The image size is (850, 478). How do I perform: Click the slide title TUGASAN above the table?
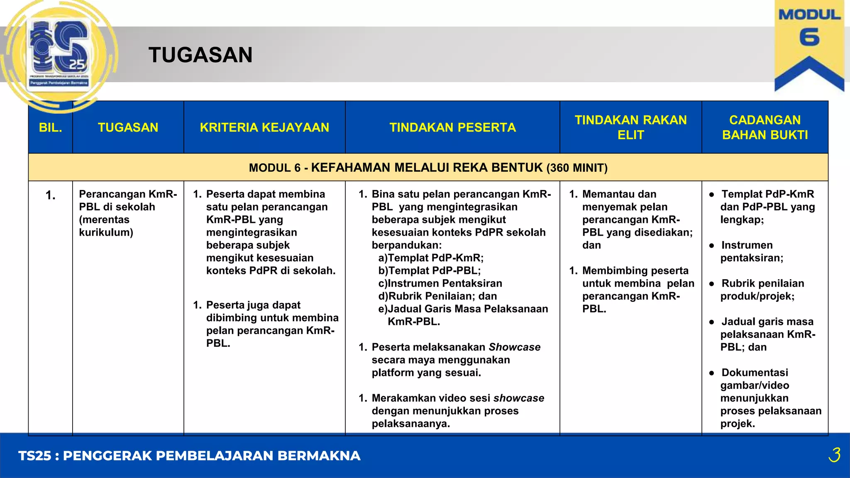[200, 55]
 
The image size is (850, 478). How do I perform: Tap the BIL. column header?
[50, 127]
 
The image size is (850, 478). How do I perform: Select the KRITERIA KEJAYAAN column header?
[264, 127]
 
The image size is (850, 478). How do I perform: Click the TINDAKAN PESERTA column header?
[452, 127]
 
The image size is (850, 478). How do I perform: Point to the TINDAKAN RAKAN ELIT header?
[630, 127]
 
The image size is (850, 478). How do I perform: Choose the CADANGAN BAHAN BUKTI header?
[765, 127]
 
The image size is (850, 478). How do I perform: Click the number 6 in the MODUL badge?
[809, 38]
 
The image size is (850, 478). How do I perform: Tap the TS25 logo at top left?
[59, 54]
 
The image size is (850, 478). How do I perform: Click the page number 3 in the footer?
[834, 455]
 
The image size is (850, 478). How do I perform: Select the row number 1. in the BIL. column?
[50, 195]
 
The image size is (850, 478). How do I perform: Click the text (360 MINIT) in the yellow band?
[577, 168]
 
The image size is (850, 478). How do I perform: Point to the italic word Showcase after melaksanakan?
[515, 347]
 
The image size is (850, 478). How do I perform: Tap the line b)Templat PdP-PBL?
[430, 271]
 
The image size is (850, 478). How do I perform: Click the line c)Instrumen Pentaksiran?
[440, 283]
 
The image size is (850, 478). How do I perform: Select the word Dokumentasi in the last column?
[755, 373]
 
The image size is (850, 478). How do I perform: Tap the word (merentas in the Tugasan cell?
[104, 219]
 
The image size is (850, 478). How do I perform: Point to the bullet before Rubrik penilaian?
[711, 284]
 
